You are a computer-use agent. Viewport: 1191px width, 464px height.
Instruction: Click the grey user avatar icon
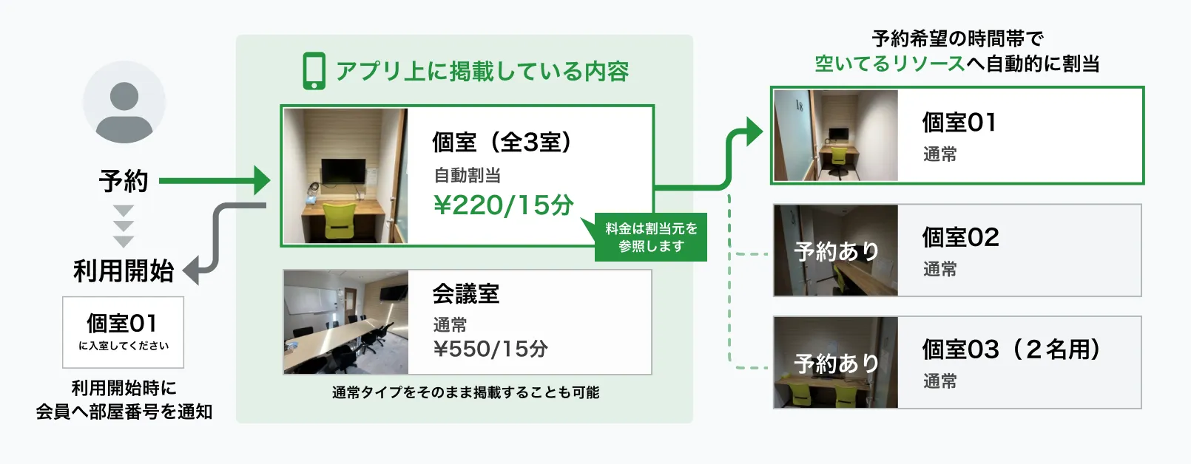point(124,102)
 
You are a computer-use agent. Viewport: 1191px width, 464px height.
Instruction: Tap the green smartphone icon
point(314,71)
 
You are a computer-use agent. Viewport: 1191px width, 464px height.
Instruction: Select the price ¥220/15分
point(504,205)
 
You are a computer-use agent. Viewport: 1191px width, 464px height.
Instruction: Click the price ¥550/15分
point(490,349)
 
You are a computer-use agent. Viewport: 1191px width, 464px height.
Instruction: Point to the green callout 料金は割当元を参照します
point(650,237)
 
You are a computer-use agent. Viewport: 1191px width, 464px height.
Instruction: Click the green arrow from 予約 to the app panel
point(215,180)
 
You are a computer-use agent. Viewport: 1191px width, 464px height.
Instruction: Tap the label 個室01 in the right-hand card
point(959,122)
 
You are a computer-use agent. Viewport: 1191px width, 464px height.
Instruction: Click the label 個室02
point(960,237)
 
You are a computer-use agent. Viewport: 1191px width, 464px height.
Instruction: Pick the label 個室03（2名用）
point(1011,349)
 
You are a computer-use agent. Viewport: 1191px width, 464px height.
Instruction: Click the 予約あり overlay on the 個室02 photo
point(837,251)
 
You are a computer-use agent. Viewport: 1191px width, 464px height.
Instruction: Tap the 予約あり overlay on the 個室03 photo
point(837,364)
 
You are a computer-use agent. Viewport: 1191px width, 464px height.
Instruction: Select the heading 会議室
point(466,293)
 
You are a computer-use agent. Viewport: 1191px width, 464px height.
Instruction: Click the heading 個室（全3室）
point(502,142)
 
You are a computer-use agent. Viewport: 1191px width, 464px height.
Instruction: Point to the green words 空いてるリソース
point(890,64)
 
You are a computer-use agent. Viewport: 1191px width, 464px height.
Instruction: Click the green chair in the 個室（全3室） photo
point(340,222)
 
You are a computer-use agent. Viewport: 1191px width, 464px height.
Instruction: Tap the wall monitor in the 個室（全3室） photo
point(343,171)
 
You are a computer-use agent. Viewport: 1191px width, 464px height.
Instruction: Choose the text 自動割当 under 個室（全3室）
point(468,175)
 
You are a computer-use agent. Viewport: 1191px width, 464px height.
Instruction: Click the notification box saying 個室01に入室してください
point(124,332)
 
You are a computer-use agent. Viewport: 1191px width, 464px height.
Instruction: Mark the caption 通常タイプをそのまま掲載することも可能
point(466,392)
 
